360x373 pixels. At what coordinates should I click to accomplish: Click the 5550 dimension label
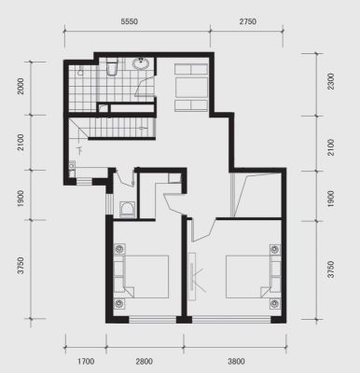(x=129, y=21)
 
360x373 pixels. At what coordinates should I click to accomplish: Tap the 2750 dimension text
(x=248, y=21)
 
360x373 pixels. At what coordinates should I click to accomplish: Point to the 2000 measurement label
(x=21, y=86)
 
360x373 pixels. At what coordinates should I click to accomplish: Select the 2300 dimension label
(x=331, y=81)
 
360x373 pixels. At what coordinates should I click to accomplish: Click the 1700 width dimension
(x=86, y=362)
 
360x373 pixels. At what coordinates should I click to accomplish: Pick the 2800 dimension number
(x=144, y=362)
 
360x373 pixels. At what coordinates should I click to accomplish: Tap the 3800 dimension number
(x=236, y=362)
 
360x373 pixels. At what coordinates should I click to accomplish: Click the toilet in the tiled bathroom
(x=112, y=68)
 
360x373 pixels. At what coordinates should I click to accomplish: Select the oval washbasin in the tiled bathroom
(x=142, y=64)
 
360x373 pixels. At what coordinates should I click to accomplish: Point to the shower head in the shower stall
(x=81, y=72)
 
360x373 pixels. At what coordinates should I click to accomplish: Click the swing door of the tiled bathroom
(x=145, y=87)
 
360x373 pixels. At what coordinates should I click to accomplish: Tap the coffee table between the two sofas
(x=191, y=88)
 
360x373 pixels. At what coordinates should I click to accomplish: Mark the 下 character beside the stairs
(x=80, y=150)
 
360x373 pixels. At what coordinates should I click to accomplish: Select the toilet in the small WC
(x=127, y=209)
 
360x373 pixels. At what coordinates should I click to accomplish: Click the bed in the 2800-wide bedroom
(x=142, y=277)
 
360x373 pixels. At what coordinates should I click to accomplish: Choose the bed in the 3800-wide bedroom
(x=253, y=277)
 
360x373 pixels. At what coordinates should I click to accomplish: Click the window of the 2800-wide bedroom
(x=152, y=320)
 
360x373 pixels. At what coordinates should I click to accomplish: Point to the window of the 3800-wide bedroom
(x=231, y=320)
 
